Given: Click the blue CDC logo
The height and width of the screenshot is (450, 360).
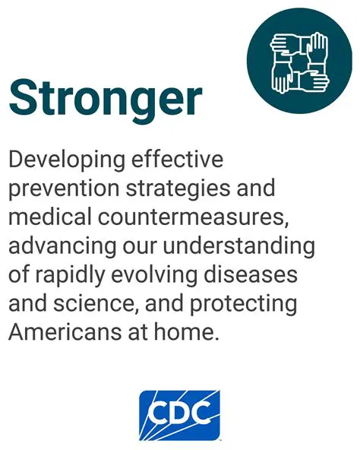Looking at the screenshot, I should [179, 415].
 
